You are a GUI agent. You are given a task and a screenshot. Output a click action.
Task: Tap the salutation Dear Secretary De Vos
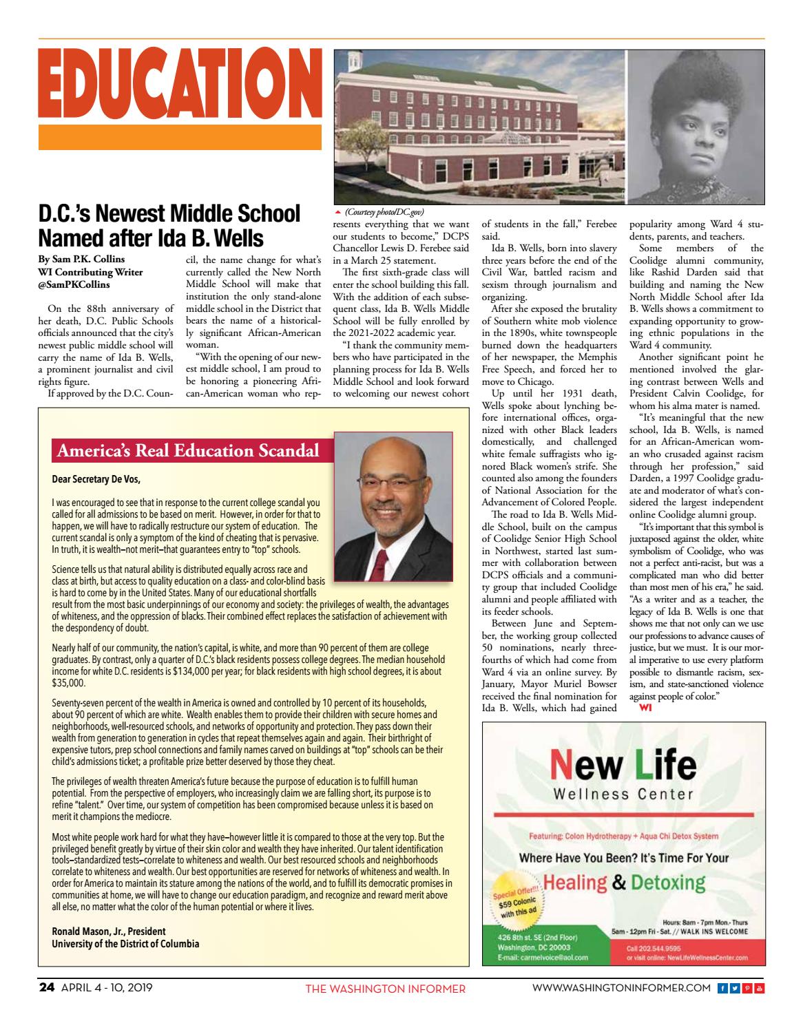(101, 479)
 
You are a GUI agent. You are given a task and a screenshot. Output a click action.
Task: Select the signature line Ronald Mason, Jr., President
(109, 931)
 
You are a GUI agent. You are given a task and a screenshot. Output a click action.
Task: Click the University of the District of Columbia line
(126, 943)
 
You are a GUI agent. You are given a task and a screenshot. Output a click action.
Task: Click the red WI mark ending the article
(645, 707)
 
